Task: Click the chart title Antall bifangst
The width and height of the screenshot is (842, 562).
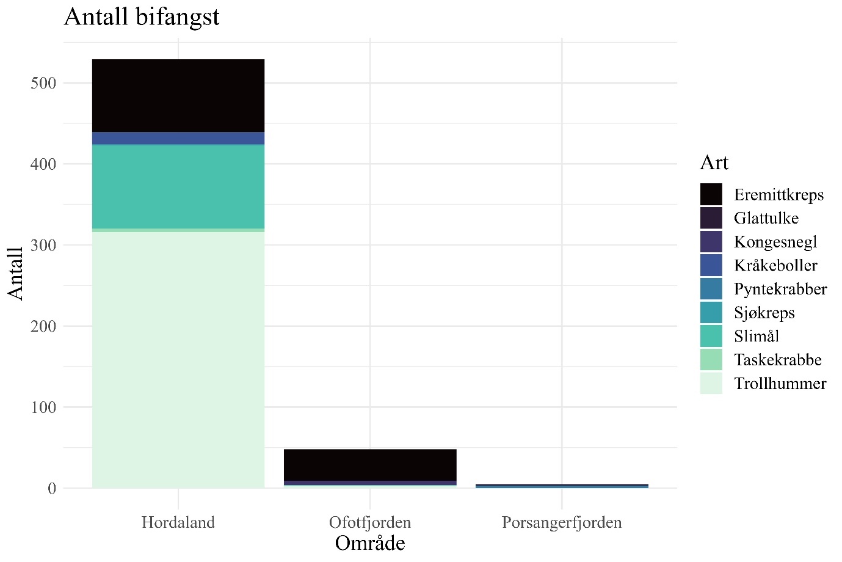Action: pyautogui.click(x=142, y=16)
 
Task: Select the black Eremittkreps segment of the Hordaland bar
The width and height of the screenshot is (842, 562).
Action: pyautogui.click(x=178, y=95)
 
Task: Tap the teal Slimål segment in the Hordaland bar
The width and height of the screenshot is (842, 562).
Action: pyautogui.click(x=178, y=186)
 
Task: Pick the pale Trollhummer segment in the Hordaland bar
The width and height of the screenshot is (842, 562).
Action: pyautogui.click(x=178, y=360)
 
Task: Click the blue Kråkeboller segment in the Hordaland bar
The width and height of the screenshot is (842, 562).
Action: pyautogui.click(x=178, y=138)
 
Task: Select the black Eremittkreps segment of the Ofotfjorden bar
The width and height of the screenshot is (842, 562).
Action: pyautogui.click(x=370, y=465)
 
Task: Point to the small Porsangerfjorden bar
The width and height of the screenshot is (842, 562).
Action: pyautogui.click(x=562, y=486)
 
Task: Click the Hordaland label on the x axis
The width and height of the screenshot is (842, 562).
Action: pyautogui.click(x=178, y=523)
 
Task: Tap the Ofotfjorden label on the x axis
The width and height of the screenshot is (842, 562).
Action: pyautogui.click(x=370, y=523)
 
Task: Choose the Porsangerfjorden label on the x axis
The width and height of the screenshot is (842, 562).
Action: pyautogui.click(x=562, y=523)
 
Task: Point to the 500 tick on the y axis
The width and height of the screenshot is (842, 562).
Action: pyautogui.click(x=43, y=83)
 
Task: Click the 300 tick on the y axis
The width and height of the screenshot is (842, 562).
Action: pyautogui.click(x=43, y=245)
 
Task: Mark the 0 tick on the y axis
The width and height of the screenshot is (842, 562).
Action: pyautogui.click(x=51, y=488)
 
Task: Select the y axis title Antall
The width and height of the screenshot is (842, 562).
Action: pyautogui.click(x=16, y=273)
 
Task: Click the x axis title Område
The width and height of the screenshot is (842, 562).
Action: pyautogui.click(x=370, y=543)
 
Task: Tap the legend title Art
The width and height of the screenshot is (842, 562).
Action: pyautogui.click(x=714, y=162)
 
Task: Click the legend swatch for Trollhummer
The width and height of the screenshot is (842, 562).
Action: pyautogui.click(x=711, y=384)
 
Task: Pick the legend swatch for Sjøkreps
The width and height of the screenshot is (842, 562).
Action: pyautogui.click(x=711, y=313)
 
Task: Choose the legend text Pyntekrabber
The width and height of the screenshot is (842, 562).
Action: pyautogui.click(x=780, y=289)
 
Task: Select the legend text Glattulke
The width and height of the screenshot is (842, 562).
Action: pyautogui.click(x=766, y=218)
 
